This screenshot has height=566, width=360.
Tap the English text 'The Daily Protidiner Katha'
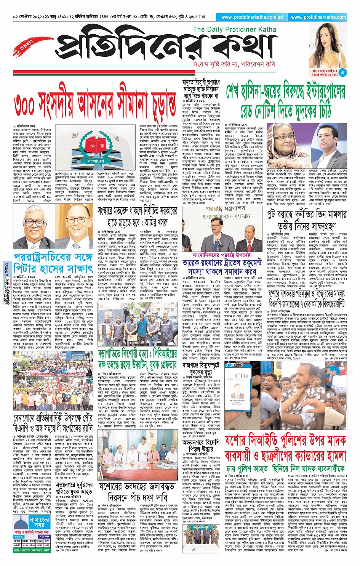(x=235, y=29)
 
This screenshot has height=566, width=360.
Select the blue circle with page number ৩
(x=343, y=72)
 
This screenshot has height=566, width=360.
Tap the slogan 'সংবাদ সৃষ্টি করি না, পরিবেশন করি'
(x=234, y=64)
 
